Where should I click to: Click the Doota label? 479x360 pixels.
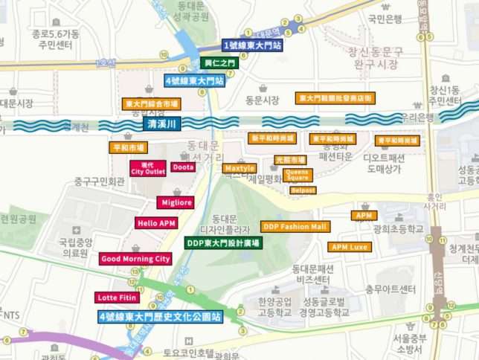[x=183, y=167]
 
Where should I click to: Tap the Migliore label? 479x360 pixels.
[x=175, y=202]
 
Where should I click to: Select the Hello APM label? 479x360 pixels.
[x=156, y=222]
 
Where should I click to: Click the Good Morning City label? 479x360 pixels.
[x=136, y=259]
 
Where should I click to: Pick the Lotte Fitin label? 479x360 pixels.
[x=118, y=298]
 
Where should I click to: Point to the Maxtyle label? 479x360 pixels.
[x=239, y=168]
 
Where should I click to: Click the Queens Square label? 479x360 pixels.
[x=298, y=176]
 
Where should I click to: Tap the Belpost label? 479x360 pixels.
[x=303, y=190]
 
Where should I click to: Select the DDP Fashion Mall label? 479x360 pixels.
[x=295, y=226]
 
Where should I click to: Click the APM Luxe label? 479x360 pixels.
[x=350, y=246]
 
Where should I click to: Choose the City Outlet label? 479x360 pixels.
[x=147, y=168]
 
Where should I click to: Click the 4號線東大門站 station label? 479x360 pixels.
[x=195, y=80]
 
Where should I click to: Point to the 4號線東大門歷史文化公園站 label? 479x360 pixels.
[x=161, y=317]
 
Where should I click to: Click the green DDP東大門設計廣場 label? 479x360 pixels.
[x=223, y=243]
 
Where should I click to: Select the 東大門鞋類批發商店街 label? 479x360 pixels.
[x=335, y=97]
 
